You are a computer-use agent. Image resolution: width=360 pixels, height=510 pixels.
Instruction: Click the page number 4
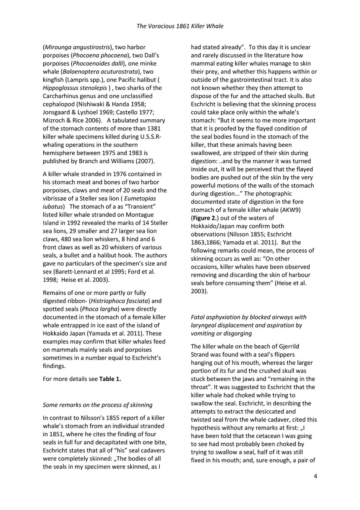pyautogui.click(x=315, y=476)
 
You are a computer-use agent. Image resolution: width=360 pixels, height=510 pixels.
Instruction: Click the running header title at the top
pyautogui.click(x=180, y=26)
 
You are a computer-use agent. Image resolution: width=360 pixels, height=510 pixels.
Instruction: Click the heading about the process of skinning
pyautogui.click(x=98, y=405)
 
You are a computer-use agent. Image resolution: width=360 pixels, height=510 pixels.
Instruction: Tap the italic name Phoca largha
pyautogui.click(x=89, y=309)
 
